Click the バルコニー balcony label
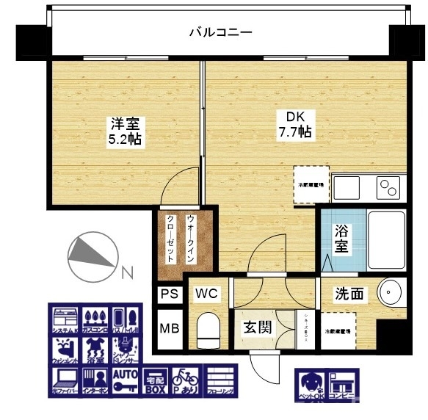(220, 32)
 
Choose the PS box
(168, 294)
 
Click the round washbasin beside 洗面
(390, 292)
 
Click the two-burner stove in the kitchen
(389, 187)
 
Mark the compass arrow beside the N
(92, 253)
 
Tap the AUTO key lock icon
(126, 382)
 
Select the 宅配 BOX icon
(155, 382)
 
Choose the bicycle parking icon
(185, 382)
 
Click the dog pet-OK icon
(309, 385)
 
